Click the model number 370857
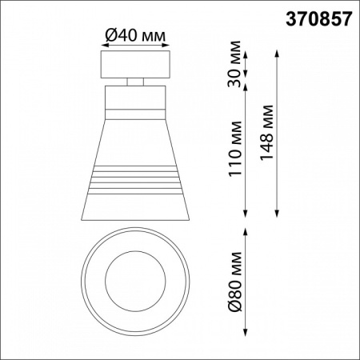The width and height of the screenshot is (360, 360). tap(319, 19)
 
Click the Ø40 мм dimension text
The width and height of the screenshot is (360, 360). tap(135, 35)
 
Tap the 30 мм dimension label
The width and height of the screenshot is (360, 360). tap(234, 64)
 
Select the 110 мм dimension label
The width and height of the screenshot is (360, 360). tap(235, 149)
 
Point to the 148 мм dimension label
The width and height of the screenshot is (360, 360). tap(266, 133)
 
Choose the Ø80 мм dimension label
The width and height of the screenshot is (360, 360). tap(235, 281)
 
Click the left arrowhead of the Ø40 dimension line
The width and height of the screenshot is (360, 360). tap(102, 45)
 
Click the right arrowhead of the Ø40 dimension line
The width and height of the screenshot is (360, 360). tap(168, 45)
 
